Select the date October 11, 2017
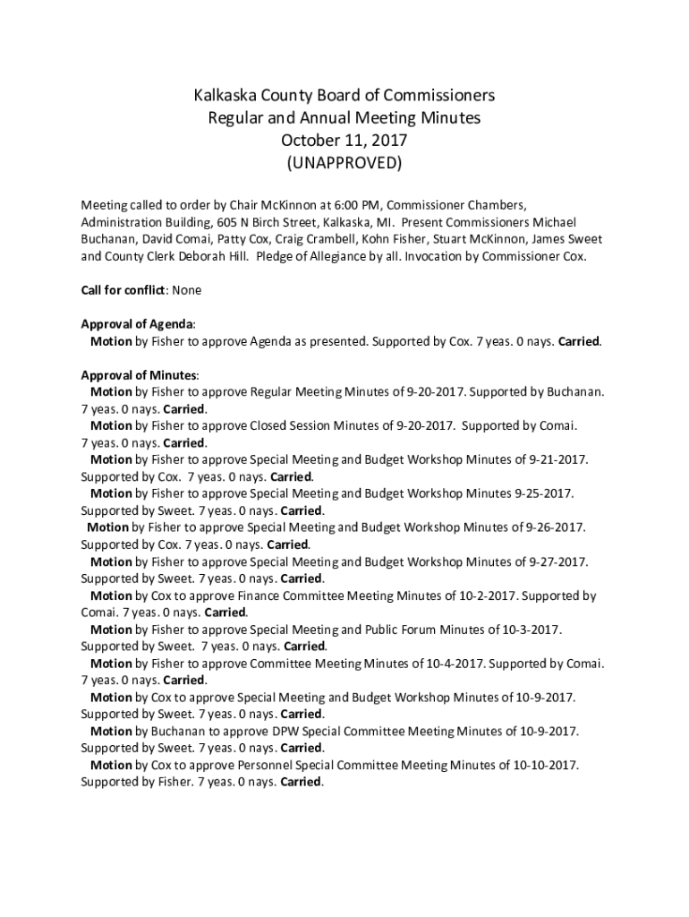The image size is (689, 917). point(344,141)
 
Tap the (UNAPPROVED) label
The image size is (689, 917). point(344,163)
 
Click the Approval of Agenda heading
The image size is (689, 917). point(138,324)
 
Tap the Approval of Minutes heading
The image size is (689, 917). point(140,375)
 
